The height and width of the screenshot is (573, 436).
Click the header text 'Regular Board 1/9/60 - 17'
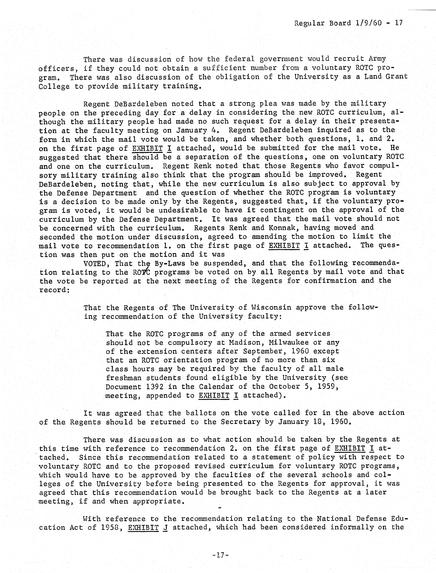[348, 23]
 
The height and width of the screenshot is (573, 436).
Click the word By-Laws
[170, 264]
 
